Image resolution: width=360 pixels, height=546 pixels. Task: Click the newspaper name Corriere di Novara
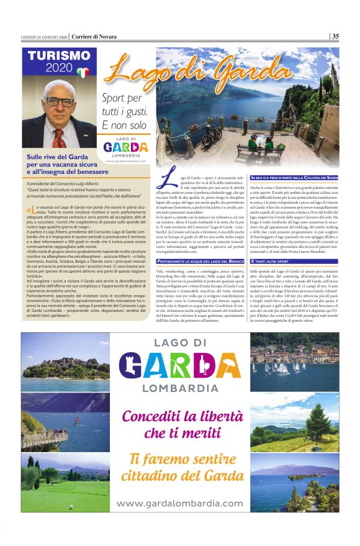(92, 36)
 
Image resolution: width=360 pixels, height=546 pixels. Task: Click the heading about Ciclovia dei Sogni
(294, 177)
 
